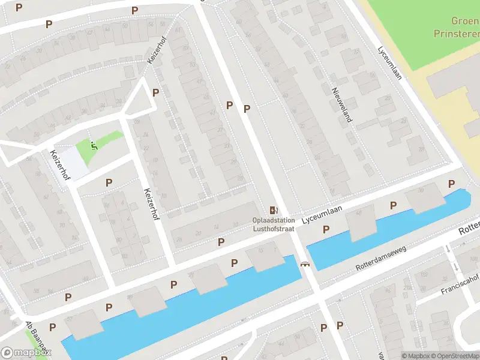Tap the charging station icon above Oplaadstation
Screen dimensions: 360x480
pos(274,210)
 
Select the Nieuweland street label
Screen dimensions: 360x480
pos(342,104)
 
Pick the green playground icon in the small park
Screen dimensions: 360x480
pos(93,144)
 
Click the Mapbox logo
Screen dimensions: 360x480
pos(25,353)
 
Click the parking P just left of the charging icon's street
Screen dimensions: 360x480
pos(229,105)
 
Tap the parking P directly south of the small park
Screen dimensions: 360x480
pos(109,182)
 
